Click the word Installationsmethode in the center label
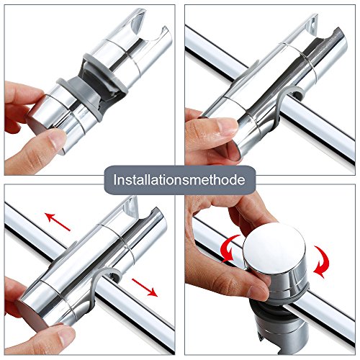coord(179,178)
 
